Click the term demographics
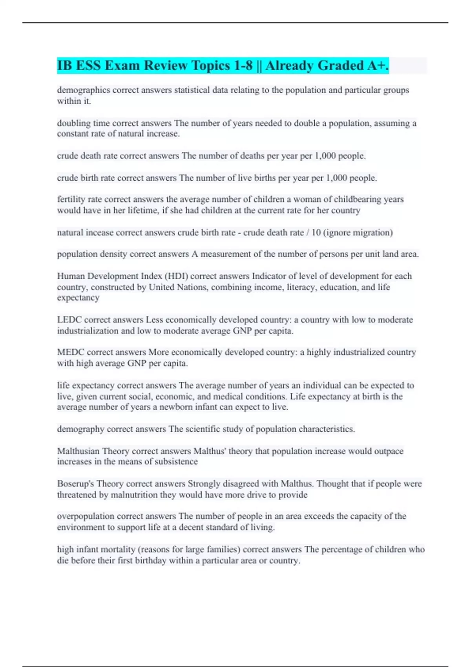pos(83,90)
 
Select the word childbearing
pos(357,199)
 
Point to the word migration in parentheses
pos(372,233)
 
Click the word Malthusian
pos(78,451)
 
